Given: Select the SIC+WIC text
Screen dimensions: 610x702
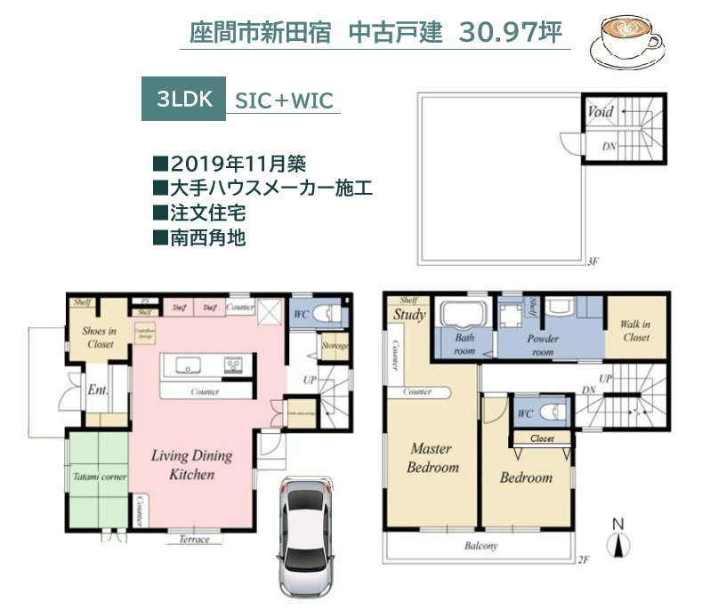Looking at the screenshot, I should click(284, 100).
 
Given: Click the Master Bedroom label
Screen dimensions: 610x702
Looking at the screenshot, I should click(432, 458).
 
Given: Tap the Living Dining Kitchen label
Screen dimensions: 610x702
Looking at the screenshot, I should click(191, 465).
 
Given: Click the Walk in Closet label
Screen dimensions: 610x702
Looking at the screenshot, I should click(635, 331).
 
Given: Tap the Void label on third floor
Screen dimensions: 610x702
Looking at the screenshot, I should click(600, 113).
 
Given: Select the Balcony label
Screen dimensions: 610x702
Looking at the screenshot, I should click(480, 546).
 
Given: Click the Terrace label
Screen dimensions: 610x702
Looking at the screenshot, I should click(194, 540).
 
